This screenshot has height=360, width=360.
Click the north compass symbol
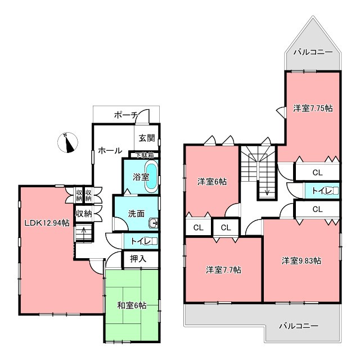67,142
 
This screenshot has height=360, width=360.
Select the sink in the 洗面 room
154,223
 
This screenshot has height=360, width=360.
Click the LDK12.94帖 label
47,223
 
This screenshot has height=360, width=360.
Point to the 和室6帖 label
132,305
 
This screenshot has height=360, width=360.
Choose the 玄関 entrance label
147,138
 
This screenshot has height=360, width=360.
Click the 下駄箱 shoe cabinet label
144,155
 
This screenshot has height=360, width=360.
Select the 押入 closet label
138,259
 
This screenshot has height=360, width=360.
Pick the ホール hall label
110,151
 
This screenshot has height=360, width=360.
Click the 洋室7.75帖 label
313,108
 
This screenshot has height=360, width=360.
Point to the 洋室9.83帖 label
301,261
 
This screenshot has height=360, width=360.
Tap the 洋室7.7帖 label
223,270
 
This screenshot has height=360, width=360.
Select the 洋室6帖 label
212,182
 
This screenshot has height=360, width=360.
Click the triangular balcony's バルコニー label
313,52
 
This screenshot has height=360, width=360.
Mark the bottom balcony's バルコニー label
299,326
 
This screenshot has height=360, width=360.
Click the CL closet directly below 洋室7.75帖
317,173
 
